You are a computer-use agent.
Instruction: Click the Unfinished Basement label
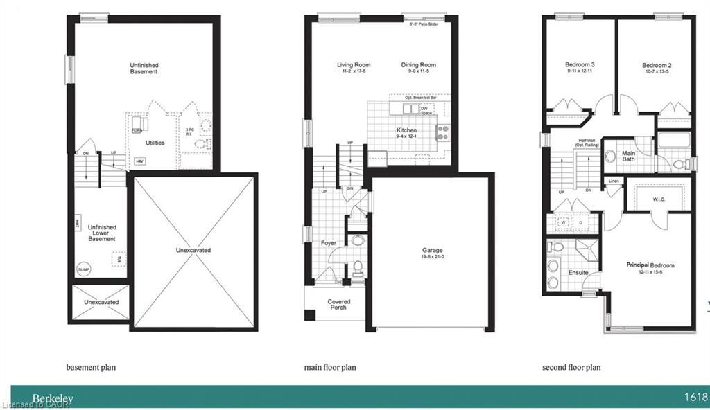(144, 68)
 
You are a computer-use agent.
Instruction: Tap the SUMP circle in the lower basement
(83, 270)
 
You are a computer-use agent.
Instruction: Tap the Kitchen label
(406, 130)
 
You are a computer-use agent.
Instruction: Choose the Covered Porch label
(339, 305)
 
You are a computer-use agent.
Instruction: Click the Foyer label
(328, 243)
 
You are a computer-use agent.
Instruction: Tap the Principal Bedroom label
(650, 265)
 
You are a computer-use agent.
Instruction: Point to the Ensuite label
(578, 273)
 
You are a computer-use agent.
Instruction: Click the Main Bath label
(628, 156)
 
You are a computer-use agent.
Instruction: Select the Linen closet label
(614, 181)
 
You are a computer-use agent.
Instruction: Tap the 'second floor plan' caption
(571, 367)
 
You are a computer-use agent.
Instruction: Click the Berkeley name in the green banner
(53, 398)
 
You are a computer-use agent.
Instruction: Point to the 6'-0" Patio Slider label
(425, 24)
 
